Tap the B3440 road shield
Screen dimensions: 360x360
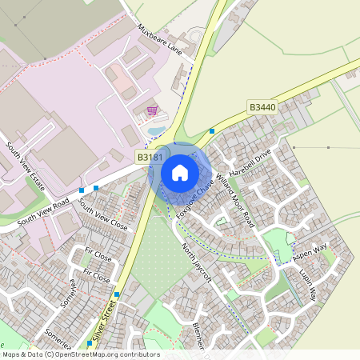(262, 106)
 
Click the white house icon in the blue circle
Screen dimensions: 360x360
(180, 172)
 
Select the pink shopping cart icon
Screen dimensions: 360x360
(152, 110)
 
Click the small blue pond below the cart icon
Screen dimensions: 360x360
(156, 130)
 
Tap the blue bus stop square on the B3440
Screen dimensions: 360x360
(212, 130)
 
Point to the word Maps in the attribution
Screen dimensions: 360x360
(11, 354)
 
